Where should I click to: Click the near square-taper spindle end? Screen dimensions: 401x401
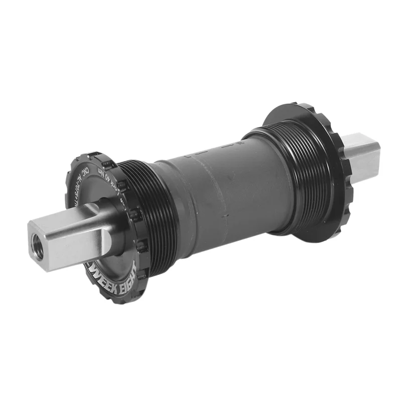(65, 241)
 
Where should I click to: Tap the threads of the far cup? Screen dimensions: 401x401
(301, 170)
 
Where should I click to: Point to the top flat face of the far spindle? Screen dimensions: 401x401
(361, 140)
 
